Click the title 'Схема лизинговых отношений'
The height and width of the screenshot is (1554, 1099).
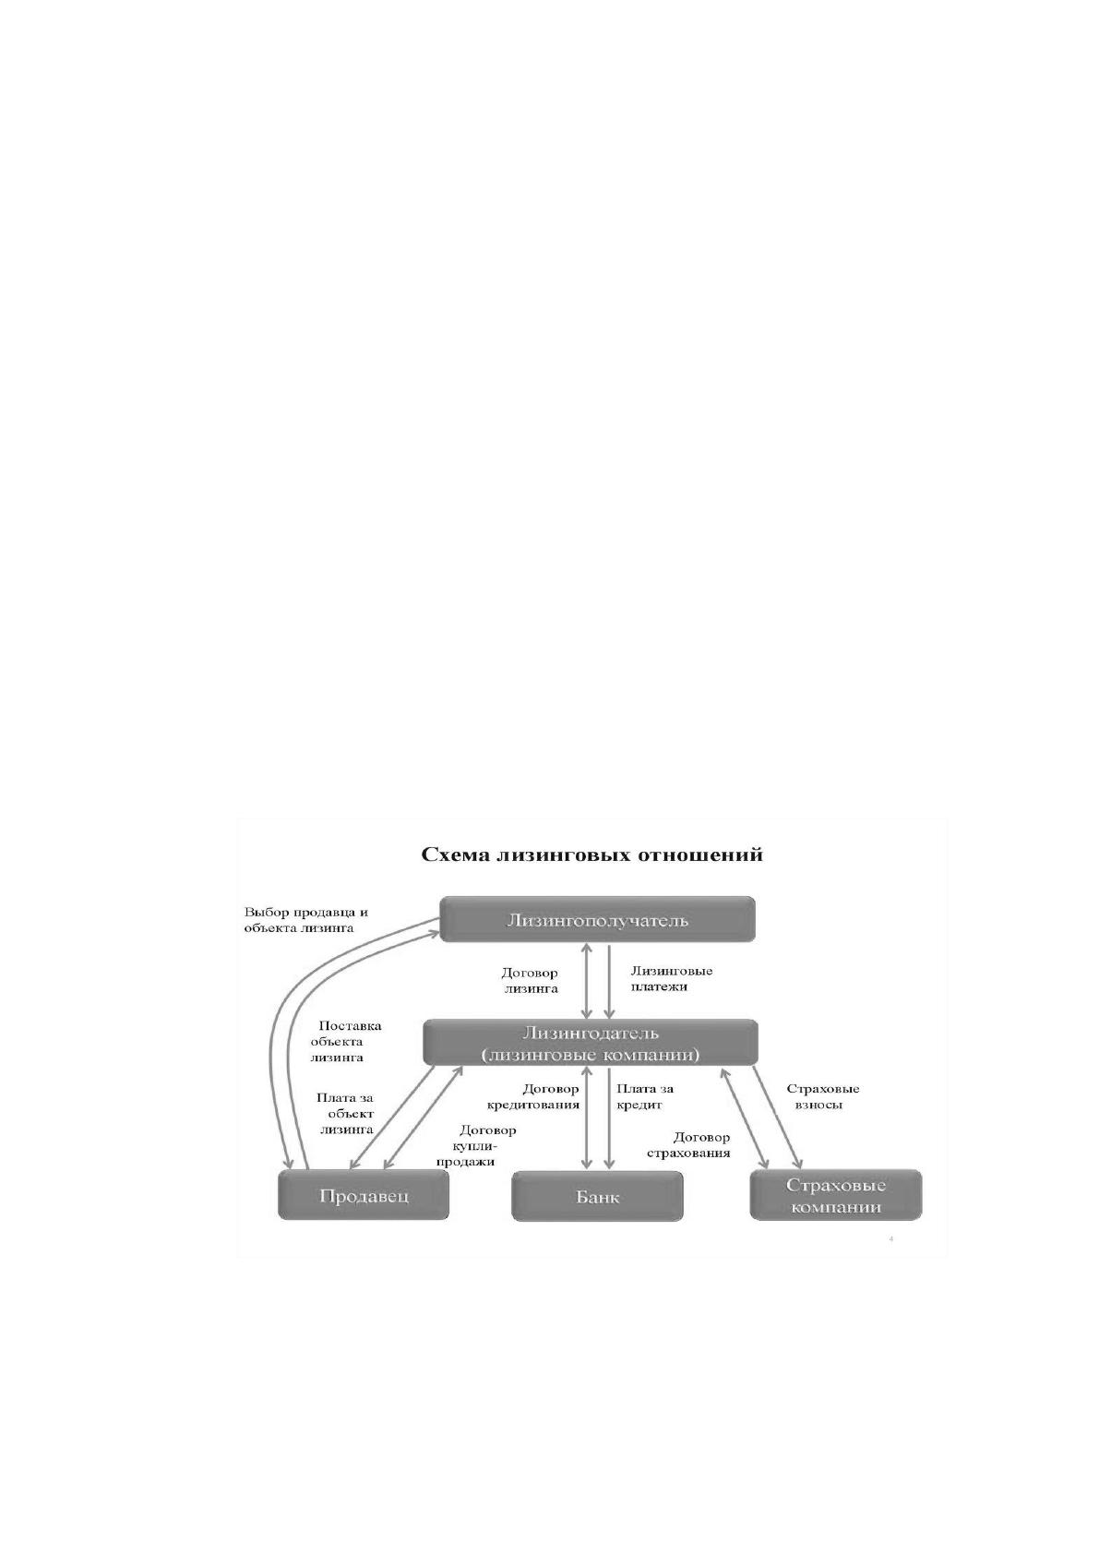pos(591,854)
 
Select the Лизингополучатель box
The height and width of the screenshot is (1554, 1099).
pos(597,919)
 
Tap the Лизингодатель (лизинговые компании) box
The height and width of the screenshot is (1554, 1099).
pos(591,1043)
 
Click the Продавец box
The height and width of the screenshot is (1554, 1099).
pos(364,1195)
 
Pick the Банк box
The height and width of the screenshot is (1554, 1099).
pos(597,1196)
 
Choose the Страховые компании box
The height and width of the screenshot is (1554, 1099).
pos(836,1195)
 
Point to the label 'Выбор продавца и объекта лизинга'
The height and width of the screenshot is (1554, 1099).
pos(306,920)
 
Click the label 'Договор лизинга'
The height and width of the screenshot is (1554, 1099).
pos(530,981)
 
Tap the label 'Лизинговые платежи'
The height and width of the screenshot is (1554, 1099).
pos(671,978)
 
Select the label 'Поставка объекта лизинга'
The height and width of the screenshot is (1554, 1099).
pos(345,1041)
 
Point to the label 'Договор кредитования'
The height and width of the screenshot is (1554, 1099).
pos(532,1097)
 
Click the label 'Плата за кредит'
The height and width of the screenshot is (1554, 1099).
pos(645,1097)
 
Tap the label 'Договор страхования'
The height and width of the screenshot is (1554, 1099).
pos(688,1145)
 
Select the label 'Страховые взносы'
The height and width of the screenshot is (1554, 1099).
pos(822,1096)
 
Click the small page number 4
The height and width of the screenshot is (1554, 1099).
pos(890,1238)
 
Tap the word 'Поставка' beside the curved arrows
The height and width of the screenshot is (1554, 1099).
pos(350,1025)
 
